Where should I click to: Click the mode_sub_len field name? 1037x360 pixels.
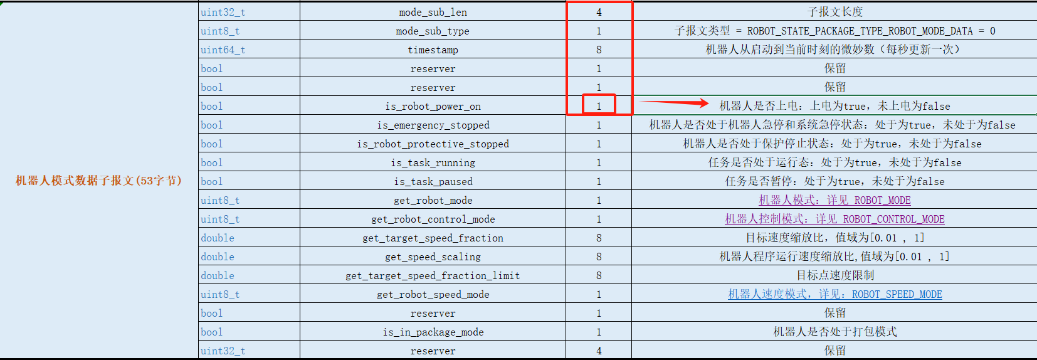point(433,13)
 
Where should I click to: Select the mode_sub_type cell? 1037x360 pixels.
point(433,31)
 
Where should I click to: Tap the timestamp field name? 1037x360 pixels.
point(433,50)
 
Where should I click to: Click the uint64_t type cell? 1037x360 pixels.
point(223,50)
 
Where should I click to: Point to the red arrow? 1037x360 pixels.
point(674,103)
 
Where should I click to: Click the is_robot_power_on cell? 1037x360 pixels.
point(433,107)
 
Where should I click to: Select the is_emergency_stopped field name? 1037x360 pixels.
point(433,125)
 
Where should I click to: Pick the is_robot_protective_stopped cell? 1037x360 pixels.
point(433,144)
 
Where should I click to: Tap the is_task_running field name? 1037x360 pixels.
point(433,163)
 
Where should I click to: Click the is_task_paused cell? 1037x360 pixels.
point(433,182)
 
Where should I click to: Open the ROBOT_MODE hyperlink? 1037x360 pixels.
point(834,200)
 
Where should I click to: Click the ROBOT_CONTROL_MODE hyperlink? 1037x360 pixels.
point(834,219)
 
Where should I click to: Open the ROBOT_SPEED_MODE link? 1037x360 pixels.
point(834,294)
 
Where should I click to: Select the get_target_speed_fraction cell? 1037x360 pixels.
point(433,238)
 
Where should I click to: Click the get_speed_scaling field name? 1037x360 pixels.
point(433,257)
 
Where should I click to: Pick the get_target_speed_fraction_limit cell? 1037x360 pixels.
point(433,276)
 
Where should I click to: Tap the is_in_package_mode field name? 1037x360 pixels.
point(433,332)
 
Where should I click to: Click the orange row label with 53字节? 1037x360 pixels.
point(98,181)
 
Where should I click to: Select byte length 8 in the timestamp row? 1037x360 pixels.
point(599,50)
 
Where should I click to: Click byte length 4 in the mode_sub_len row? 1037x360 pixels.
point(599,13)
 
